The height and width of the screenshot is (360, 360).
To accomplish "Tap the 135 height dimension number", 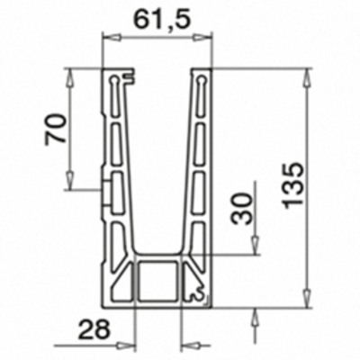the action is [x=293, y=186].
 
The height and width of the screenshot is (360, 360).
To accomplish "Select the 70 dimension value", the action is [x=56, y=130].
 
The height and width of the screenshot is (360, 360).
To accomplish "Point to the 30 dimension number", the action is [x=242, y=209].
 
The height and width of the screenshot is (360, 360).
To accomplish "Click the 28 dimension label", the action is [x=94, y=329].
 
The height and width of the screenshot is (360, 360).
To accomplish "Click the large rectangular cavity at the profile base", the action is [x=157, y=281].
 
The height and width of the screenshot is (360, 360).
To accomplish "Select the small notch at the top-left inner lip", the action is [x=129, y=77].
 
